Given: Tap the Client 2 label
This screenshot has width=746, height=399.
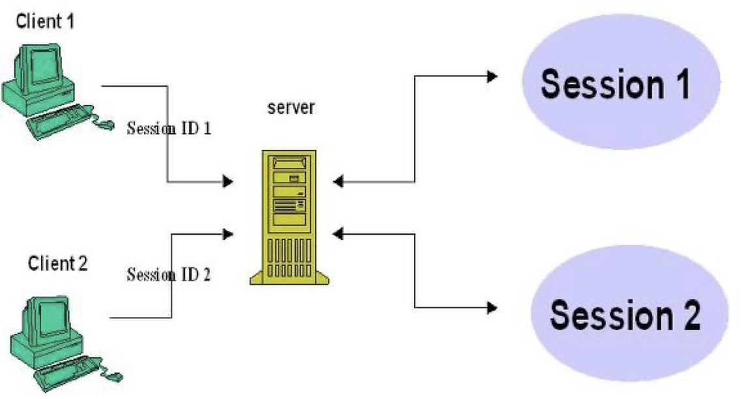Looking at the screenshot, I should [x=58, y=264].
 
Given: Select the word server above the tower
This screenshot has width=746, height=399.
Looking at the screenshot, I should [x=291, y=107].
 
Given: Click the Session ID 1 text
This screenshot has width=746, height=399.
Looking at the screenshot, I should [x=169, y=127].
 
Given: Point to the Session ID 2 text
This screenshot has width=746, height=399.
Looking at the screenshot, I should [x=169, y=274].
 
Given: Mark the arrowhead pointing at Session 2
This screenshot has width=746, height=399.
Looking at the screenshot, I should [x=491, y=306].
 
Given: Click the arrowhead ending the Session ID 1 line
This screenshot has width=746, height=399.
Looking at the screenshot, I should [x=228, y=181].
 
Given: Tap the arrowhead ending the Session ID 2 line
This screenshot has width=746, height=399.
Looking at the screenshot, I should [x=228, y=232].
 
